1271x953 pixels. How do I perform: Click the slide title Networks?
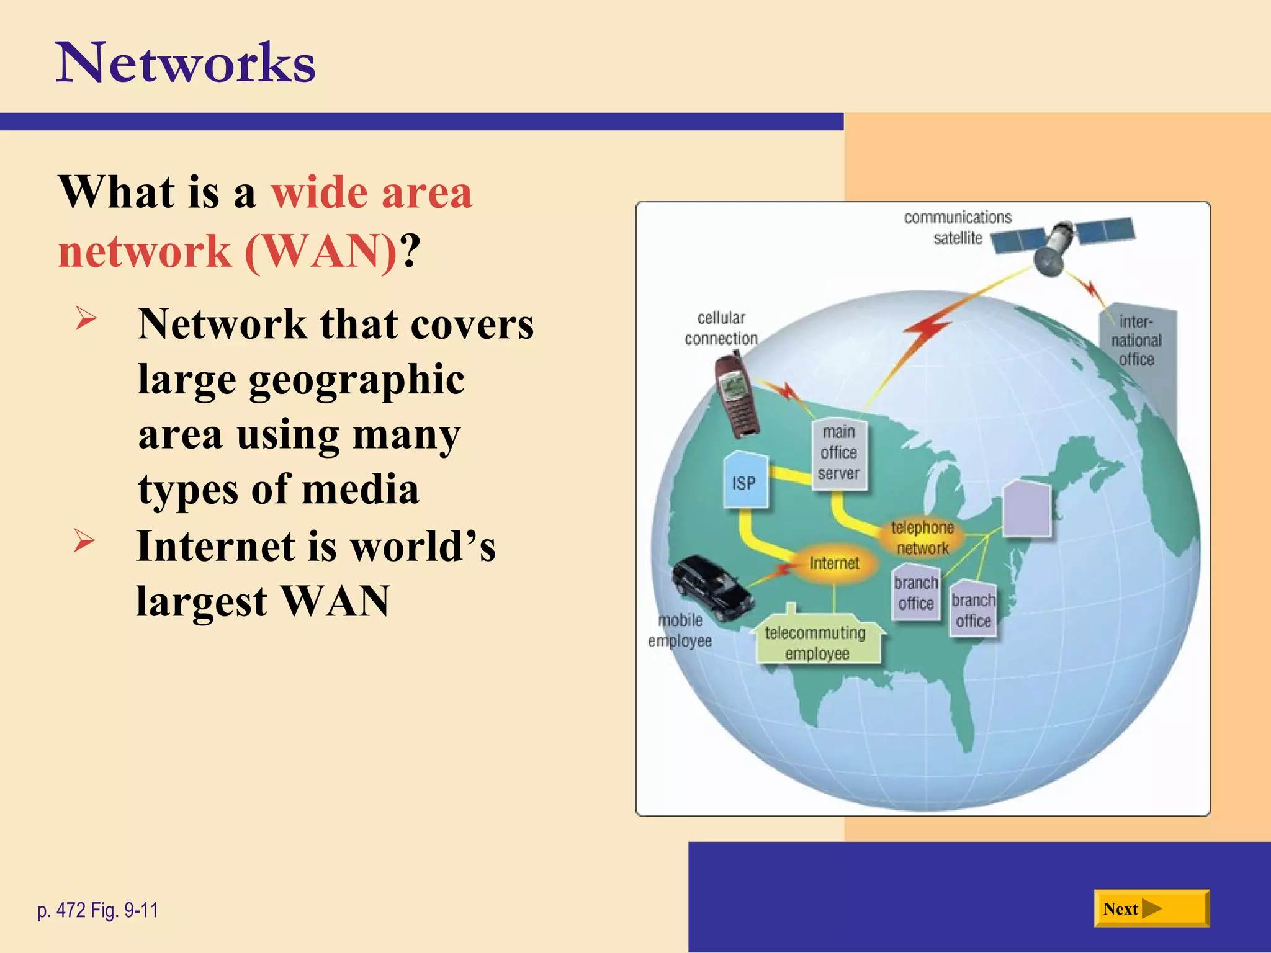click(186, 63)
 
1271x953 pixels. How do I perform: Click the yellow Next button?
click(1151, 908)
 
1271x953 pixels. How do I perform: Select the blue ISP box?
click(745, 481)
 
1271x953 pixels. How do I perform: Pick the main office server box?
click(839, 454)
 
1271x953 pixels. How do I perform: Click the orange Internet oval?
click(834, 563)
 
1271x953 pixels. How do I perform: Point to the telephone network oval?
click(922, 537)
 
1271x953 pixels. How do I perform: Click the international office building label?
click(1136, 340)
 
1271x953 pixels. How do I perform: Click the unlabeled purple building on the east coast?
click(1027, 509)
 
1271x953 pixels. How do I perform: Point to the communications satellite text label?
click(958, 228)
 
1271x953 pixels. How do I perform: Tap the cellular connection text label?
click(721, 328)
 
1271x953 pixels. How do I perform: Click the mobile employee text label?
click(680, 630)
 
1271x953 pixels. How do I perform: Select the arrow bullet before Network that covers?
click(86, 318)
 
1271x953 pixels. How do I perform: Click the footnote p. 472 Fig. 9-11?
click(98, 910)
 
